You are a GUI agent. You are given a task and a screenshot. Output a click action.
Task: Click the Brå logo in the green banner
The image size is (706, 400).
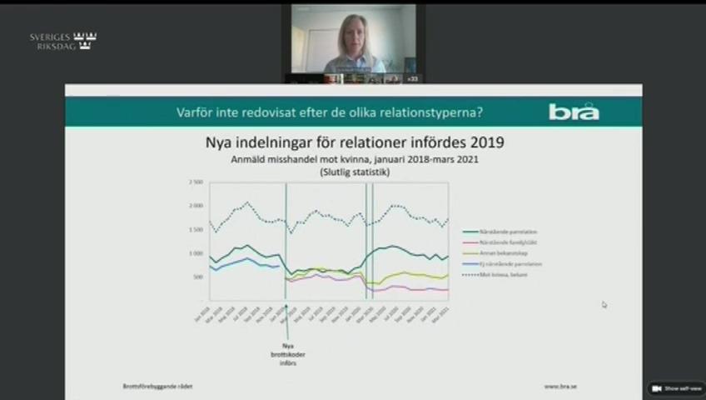[574, 111]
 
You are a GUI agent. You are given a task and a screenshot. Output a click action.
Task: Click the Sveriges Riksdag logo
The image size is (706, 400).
[63, 42]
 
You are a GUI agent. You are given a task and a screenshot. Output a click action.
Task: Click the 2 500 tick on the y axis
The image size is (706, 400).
[196, 182]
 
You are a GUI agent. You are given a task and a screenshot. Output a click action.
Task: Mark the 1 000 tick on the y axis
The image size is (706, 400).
[196, 253]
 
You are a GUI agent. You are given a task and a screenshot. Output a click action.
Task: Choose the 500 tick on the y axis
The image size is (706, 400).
[198, 277]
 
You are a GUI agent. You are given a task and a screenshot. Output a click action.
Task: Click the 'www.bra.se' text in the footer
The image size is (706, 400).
[562, 386]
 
